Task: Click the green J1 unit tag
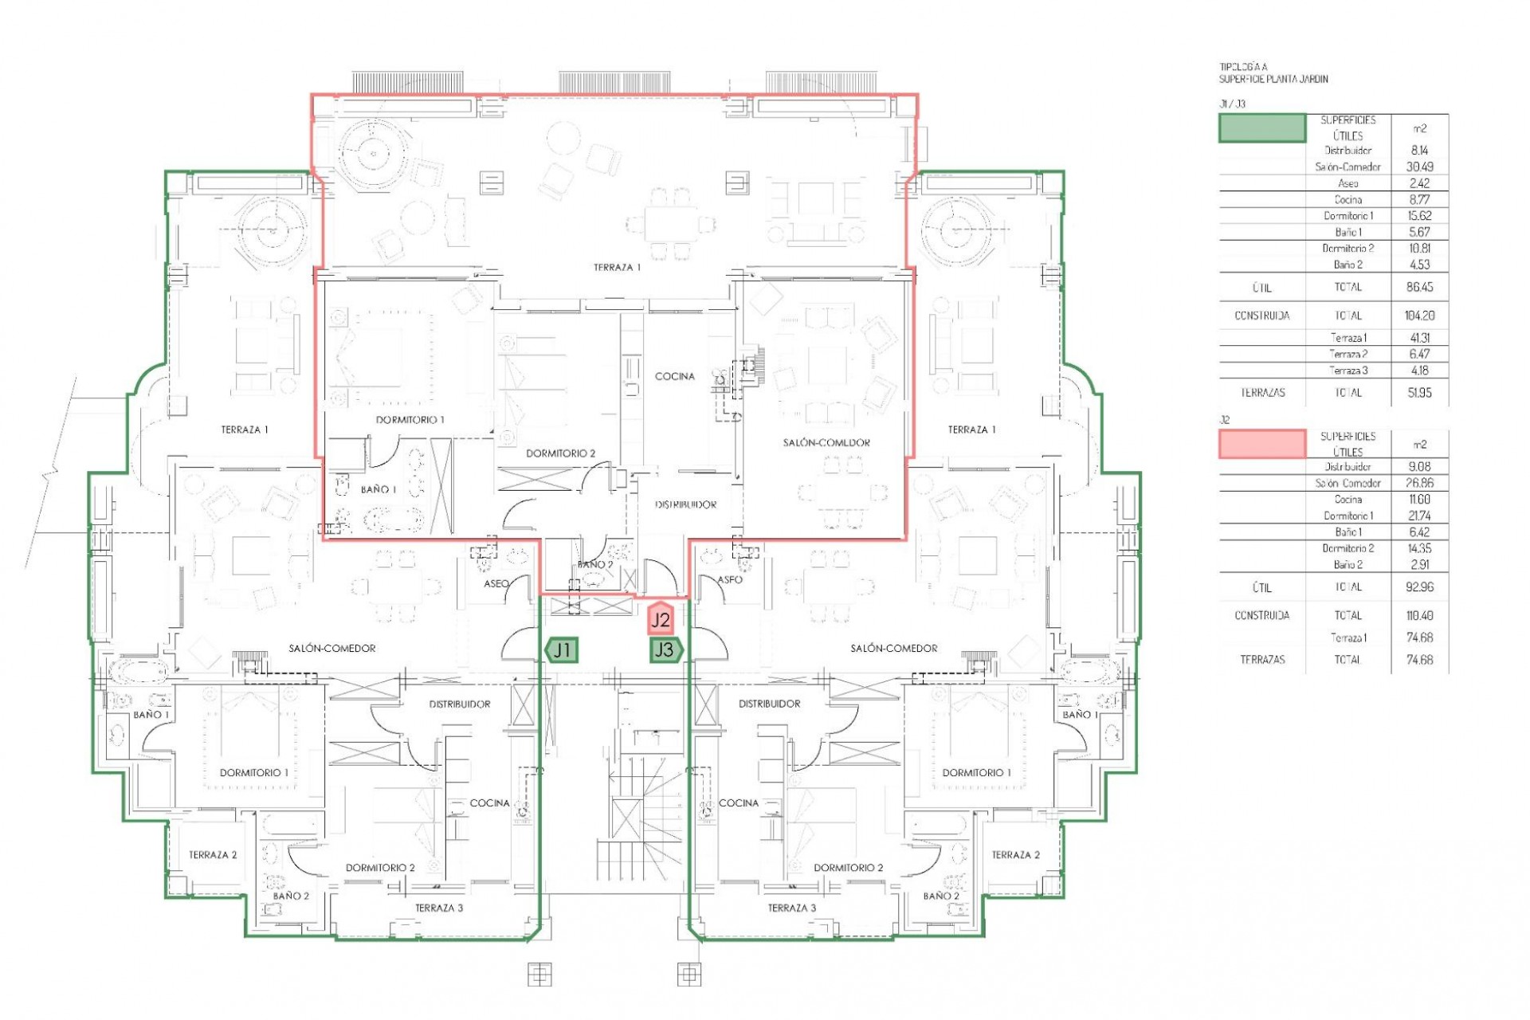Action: coord(562,650)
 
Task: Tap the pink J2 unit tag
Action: coord(661,619)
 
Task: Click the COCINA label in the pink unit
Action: coord(674,376)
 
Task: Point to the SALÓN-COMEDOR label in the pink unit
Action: coord(826,442)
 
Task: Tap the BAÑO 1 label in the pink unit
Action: coord(378,489)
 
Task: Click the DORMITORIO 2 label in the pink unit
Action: coord(560,453)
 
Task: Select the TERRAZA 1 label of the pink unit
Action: coord(617,268)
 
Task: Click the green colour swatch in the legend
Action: coord(1262,128)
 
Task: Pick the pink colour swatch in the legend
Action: coord(1262,444)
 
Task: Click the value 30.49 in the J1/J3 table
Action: coord(1419,167)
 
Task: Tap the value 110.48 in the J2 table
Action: coord(1419,615)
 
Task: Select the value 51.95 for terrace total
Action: coord(1419,393)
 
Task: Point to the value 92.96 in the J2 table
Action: coord(1419,587)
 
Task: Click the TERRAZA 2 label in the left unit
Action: coord(213,855)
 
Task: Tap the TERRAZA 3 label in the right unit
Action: coord(791,908)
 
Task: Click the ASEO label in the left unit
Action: coord(496,584)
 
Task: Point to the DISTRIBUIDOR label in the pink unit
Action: coord(685,504)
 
